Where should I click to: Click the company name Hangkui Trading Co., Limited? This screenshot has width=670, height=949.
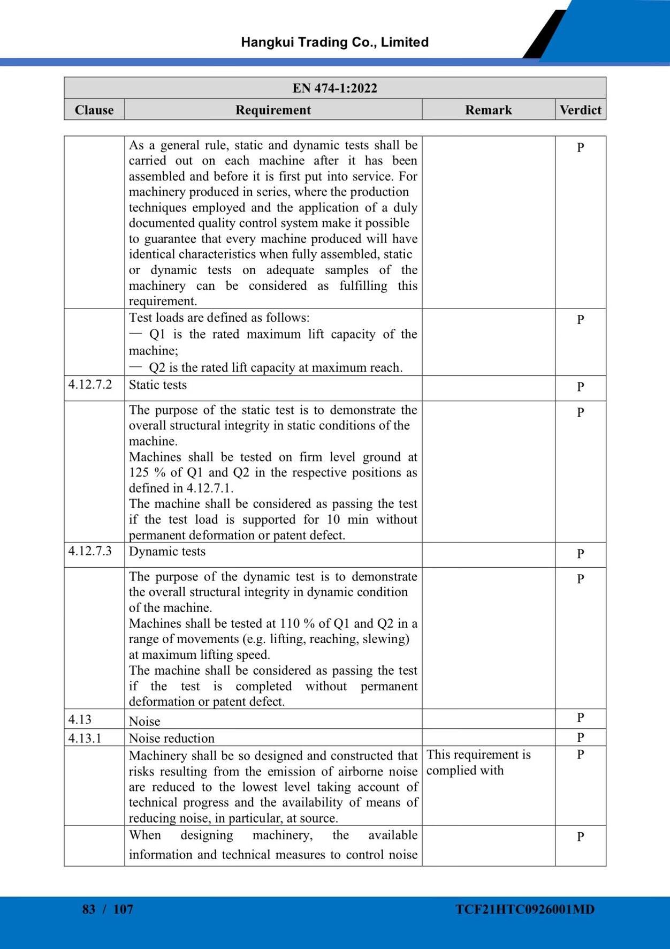[334, 42]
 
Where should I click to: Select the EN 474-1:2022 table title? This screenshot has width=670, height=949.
[334, 88]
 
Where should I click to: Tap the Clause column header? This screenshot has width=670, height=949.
[94, 110]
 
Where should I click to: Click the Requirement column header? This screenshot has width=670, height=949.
[273, 110]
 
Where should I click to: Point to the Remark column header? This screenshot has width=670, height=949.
[488, 110]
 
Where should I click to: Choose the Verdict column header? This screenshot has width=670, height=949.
[580, 110]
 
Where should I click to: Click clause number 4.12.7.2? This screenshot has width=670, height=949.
[90, 384]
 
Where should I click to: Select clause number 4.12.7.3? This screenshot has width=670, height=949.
[90, 551]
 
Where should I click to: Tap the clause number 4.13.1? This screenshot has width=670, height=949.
[85, 738]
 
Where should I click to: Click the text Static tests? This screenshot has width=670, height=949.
[158, 385]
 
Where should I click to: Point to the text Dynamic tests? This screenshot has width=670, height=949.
[167, 552]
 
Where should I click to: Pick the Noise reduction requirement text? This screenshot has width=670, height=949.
[171, 738]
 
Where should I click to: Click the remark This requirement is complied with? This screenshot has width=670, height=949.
[478, 762]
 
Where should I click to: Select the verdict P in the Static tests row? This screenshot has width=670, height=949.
[580, 387]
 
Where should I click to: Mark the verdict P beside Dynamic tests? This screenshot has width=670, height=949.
[580, 553]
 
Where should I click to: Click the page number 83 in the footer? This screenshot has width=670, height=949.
[89, 909]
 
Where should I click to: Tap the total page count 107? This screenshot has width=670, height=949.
[123, 909]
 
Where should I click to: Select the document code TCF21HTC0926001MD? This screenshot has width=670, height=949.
[525, 909]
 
